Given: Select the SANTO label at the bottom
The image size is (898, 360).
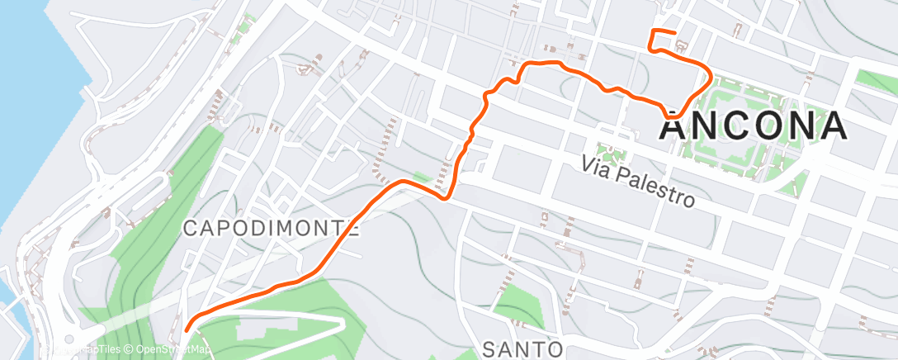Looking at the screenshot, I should pyautogui.click(x=522, y=348).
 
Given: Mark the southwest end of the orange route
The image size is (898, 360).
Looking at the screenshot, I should pyautogui.click(x=187, y=329).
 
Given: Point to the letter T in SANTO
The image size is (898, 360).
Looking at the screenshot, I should pyautogui.click(x=540, y=348).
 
